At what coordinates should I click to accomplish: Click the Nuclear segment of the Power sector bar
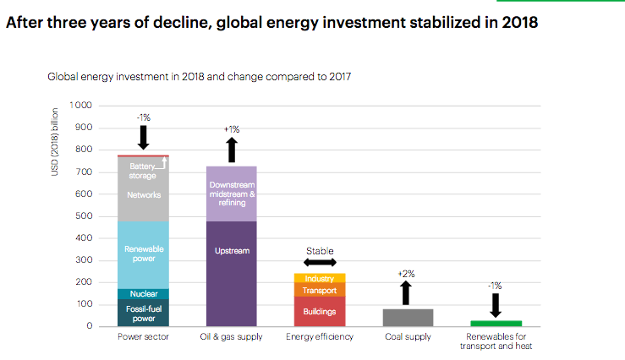[143, 293]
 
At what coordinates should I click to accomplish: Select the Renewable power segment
[143, 254]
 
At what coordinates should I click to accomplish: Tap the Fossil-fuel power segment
[143, 313]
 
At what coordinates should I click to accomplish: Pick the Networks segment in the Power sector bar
[143, 194]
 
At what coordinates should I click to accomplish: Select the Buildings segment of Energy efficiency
[319, 311]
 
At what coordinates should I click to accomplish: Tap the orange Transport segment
[319, 290]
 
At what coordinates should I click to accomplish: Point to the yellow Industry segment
[319, 278]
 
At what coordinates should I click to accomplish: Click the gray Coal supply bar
[407, 317]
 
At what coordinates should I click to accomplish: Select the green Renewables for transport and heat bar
[496, 323]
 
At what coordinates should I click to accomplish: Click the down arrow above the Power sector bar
[143, 136]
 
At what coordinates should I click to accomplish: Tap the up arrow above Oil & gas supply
[232, 150]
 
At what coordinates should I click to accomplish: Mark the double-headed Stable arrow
[320, 263]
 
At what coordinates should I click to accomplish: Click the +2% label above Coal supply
[406, 274]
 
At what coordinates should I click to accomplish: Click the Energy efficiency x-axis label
[320, 337]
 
